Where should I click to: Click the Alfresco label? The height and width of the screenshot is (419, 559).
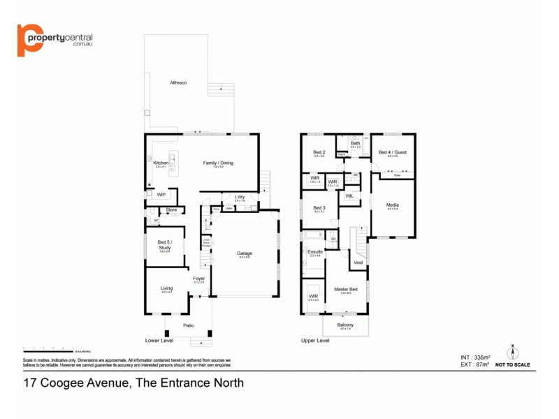[177, 83]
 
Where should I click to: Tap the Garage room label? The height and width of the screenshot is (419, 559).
[244, 253]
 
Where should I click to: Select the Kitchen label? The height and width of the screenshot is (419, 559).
[161, 163]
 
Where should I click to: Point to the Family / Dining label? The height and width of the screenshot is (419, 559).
[218, 163]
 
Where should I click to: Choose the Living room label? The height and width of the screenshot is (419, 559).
[166, 288]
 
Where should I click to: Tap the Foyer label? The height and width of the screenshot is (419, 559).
[199, 278]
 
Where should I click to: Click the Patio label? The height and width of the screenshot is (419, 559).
[188, 325]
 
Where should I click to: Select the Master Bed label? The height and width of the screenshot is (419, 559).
[345, 289]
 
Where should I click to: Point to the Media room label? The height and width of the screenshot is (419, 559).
[392, 205]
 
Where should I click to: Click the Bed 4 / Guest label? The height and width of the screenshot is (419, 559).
[392, 152]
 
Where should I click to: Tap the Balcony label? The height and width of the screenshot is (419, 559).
[345, 325]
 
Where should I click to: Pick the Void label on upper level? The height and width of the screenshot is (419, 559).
[358, 263]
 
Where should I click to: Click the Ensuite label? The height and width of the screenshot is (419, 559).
[315, 251]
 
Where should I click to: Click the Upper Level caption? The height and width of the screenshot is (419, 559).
[314, 341]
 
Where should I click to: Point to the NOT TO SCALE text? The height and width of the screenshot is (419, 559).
[513, 365]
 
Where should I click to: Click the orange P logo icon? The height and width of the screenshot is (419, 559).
[30, 40]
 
